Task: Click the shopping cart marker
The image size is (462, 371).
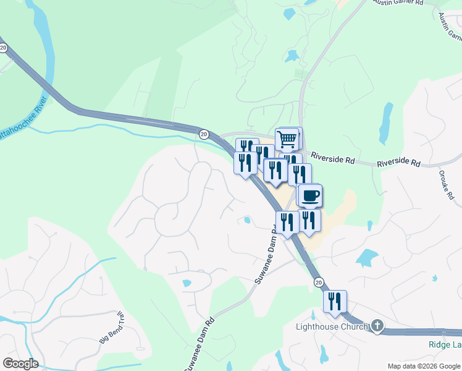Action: pyautogui.click(x=287, y=140)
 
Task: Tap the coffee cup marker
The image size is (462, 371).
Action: pyautogui.click(x=309, y=196)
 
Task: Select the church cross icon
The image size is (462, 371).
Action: pyautogui.click(x=377, y=326)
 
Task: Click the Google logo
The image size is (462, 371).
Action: pyautogui.click(x=20, y=364)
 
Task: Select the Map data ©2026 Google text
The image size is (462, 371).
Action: pyautogui.click(x=423, y=366)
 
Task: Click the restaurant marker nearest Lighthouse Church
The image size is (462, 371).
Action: pyautogui.click(x=335, y=302)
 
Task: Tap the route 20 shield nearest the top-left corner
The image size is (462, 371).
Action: pyautogui.click(x=4, y=48)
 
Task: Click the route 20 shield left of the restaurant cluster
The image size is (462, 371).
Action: pyautogui.click(x=204, y=134)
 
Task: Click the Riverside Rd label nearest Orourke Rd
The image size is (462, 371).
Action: pyautogui.click(x=398, y=163)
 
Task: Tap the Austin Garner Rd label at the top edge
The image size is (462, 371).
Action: pyautogui.click(x=398, y=3)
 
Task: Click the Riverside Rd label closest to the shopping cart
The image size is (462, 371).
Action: pyautogui.click(x=332, y=159)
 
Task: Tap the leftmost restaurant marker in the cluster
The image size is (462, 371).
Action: pyautogui.click(x=245, y=163)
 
